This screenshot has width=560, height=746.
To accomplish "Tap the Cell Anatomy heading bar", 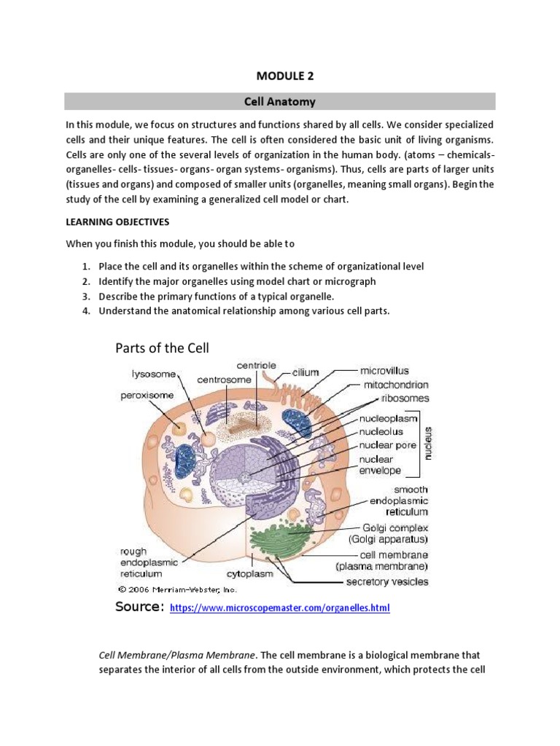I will [x=279, y=101].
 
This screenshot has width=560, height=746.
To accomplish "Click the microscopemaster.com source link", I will [x=279, y=608].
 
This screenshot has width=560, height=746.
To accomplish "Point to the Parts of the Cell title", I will [x=162, y=348].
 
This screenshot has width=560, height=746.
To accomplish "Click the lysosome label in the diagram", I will [x=154, y=374].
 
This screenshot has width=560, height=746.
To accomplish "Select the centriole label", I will [x=256, y=365].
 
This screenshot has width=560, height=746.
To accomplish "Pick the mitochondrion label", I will [x=397, y=385].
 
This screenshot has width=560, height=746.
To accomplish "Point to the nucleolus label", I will [x=386, y=431].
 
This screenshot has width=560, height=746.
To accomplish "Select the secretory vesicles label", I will [x=386, y=581].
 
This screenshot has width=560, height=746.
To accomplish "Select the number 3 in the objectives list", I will [x=85, y=297].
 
